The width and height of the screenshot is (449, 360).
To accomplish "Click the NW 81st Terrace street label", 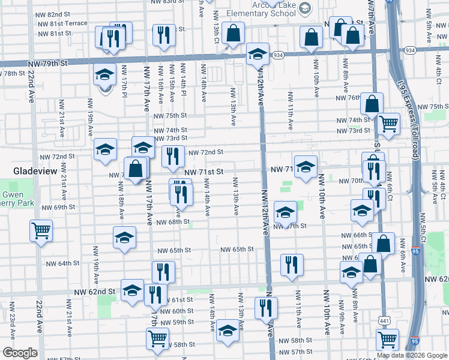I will (62, 23).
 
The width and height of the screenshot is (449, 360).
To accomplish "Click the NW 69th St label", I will (58, 207).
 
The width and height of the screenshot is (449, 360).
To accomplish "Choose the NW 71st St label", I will (203, 172).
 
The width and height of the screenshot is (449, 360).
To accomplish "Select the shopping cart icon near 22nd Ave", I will (41, 230).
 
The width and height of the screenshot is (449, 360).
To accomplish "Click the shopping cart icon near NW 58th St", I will (157, 337).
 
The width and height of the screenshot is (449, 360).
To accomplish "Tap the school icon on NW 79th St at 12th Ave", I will (257, 54).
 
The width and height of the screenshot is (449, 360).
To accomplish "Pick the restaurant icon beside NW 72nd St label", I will (173, 156).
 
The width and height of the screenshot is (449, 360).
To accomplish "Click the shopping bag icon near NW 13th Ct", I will (233, 32).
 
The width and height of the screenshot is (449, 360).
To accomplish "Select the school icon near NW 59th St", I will (227, 331).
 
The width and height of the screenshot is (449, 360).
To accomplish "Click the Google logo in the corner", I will (20, 353).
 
